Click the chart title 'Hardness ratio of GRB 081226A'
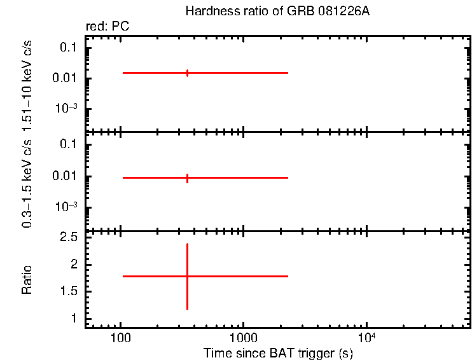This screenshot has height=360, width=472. point(277,11)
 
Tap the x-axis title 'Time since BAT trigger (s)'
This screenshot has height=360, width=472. point(278,352)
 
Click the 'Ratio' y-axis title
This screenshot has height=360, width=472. point(27,279)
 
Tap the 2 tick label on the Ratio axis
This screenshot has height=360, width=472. point(74,264)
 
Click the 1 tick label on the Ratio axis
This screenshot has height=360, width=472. point(74,318)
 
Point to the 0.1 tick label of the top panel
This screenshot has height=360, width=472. point(69,48)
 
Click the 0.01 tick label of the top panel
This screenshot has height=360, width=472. point(66,78)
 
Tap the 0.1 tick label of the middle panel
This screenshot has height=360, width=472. point(69,145)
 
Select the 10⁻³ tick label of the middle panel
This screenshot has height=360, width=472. point(66,207)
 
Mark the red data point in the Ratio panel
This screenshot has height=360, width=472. point(187,276)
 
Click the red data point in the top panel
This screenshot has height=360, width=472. point(187,73)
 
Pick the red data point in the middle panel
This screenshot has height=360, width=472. point(187,177)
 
